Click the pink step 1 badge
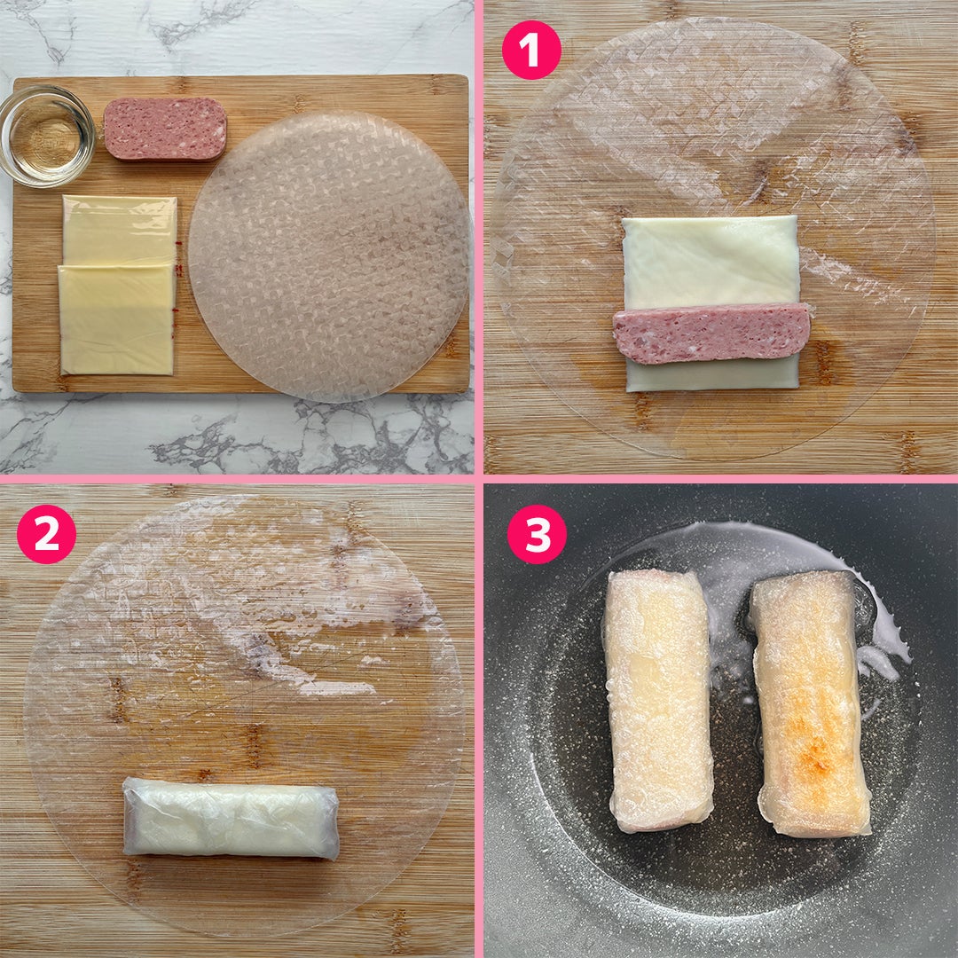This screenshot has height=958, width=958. click(x=531, y=50)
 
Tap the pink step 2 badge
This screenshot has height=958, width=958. click(x=46, y=534)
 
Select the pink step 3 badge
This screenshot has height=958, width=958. click(x=537, y=534)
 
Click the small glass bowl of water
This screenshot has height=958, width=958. click(x=46, y=136)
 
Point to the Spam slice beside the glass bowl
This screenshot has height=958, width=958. click(x=165, y=129)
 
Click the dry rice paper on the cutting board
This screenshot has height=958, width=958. click(x=329, y=256)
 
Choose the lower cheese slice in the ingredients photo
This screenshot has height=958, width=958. click(x=116, y=319)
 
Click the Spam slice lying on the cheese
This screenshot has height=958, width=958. click(x=711, y=333)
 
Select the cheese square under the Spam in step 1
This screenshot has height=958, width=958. click(x=711, y=263)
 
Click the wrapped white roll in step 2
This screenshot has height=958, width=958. click(x=231, y=819)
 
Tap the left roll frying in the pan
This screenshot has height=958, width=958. click(x=658, y=700)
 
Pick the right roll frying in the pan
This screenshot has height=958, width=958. click(x=810, y=703)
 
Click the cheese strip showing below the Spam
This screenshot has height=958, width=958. click(x=712, y=374)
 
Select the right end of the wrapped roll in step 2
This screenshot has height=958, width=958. click(x=333, y=823)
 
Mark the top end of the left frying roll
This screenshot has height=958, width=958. click(x=654, y=576)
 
